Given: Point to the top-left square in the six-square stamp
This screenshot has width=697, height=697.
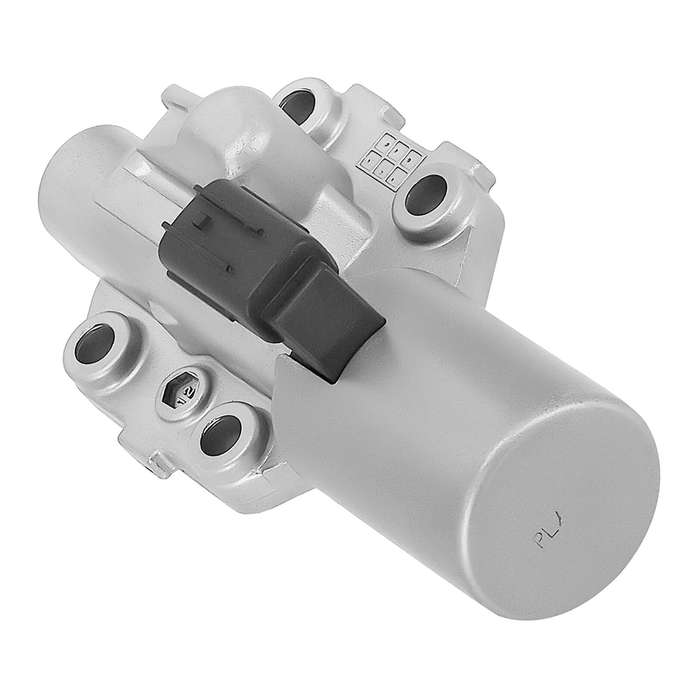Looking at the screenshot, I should point(385,143).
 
